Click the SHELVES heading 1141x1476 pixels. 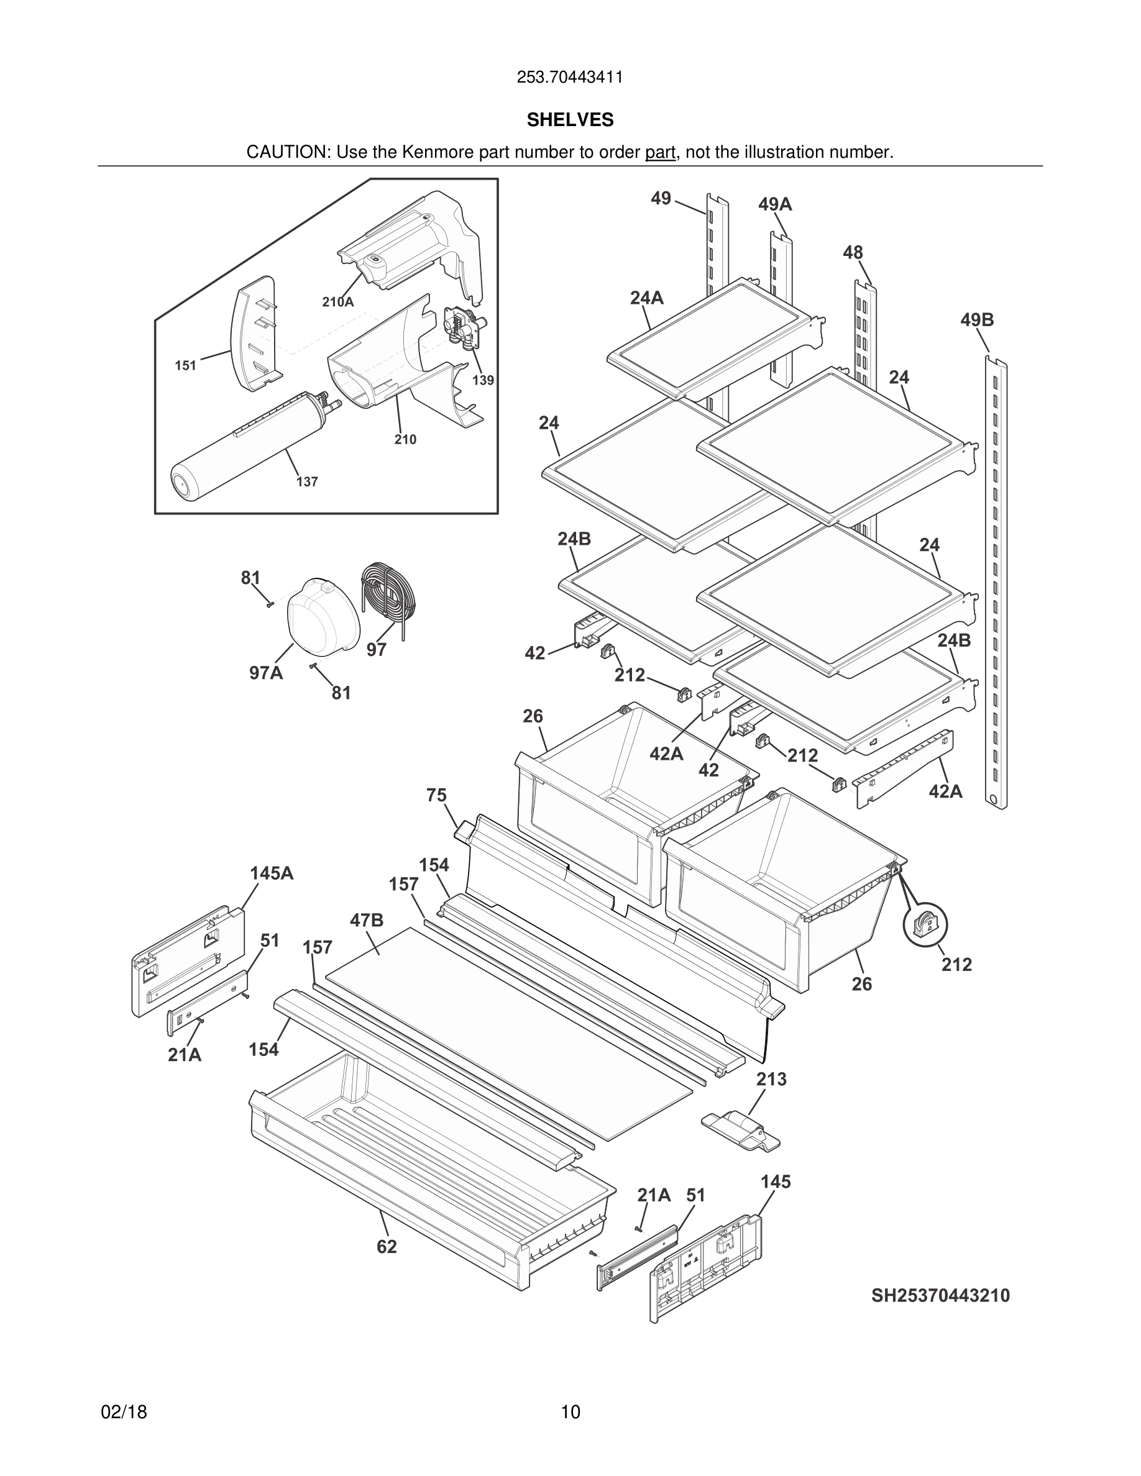coord(570,121)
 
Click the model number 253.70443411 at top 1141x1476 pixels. coord(570,78)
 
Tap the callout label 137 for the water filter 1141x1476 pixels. coord(307,482)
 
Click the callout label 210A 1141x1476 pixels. coord(337,302)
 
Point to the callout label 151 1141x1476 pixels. coord(185,366)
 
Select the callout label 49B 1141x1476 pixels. coord(977,320)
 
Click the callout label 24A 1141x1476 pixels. coord(646,298)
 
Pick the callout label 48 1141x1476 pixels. coord(853,253)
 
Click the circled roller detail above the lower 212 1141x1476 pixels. coord(925,924)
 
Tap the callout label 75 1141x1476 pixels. coord(436,795)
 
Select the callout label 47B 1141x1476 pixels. coord(367,920)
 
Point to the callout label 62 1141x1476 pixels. coord(387,1247)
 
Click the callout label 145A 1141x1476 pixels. coord(272,873)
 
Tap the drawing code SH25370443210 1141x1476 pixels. coord(940,1296)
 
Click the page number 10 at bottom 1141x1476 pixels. coord(570,1412)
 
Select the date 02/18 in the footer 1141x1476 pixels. coord(124,1412)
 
